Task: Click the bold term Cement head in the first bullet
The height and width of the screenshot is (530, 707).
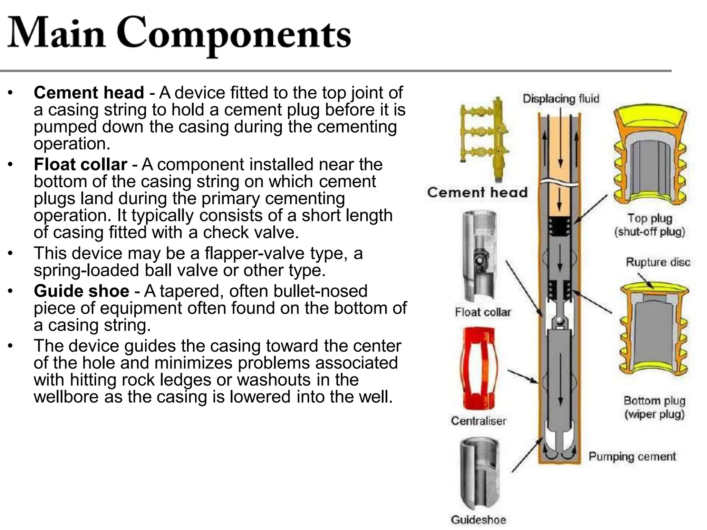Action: (89, 93)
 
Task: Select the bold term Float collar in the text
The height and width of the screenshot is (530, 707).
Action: (80, 165)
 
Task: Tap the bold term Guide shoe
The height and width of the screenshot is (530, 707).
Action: (81, 291)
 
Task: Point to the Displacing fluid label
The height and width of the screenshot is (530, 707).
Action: (561, 99)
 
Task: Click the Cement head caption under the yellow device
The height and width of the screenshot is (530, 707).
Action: (477, 193)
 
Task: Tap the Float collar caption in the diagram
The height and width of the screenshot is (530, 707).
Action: (483, 312)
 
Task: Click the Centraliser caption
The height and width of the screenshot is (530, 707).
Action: (478, 421)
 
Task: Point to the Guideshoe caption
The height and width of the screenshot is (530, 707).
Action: (478, 520)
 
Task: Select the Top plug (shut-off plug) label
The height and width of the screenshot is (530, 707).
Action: (650, 225)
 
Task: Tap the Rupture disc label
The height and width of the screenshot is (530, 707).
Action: (658, 262)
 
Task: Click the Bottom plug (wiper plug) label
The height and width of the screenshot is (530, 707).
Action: (654, 407)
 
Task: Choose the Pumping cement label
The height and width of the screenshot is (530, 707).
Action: (632, 457)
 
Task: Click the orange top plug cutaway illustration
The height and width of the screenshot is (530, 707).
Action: (650, 155)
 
